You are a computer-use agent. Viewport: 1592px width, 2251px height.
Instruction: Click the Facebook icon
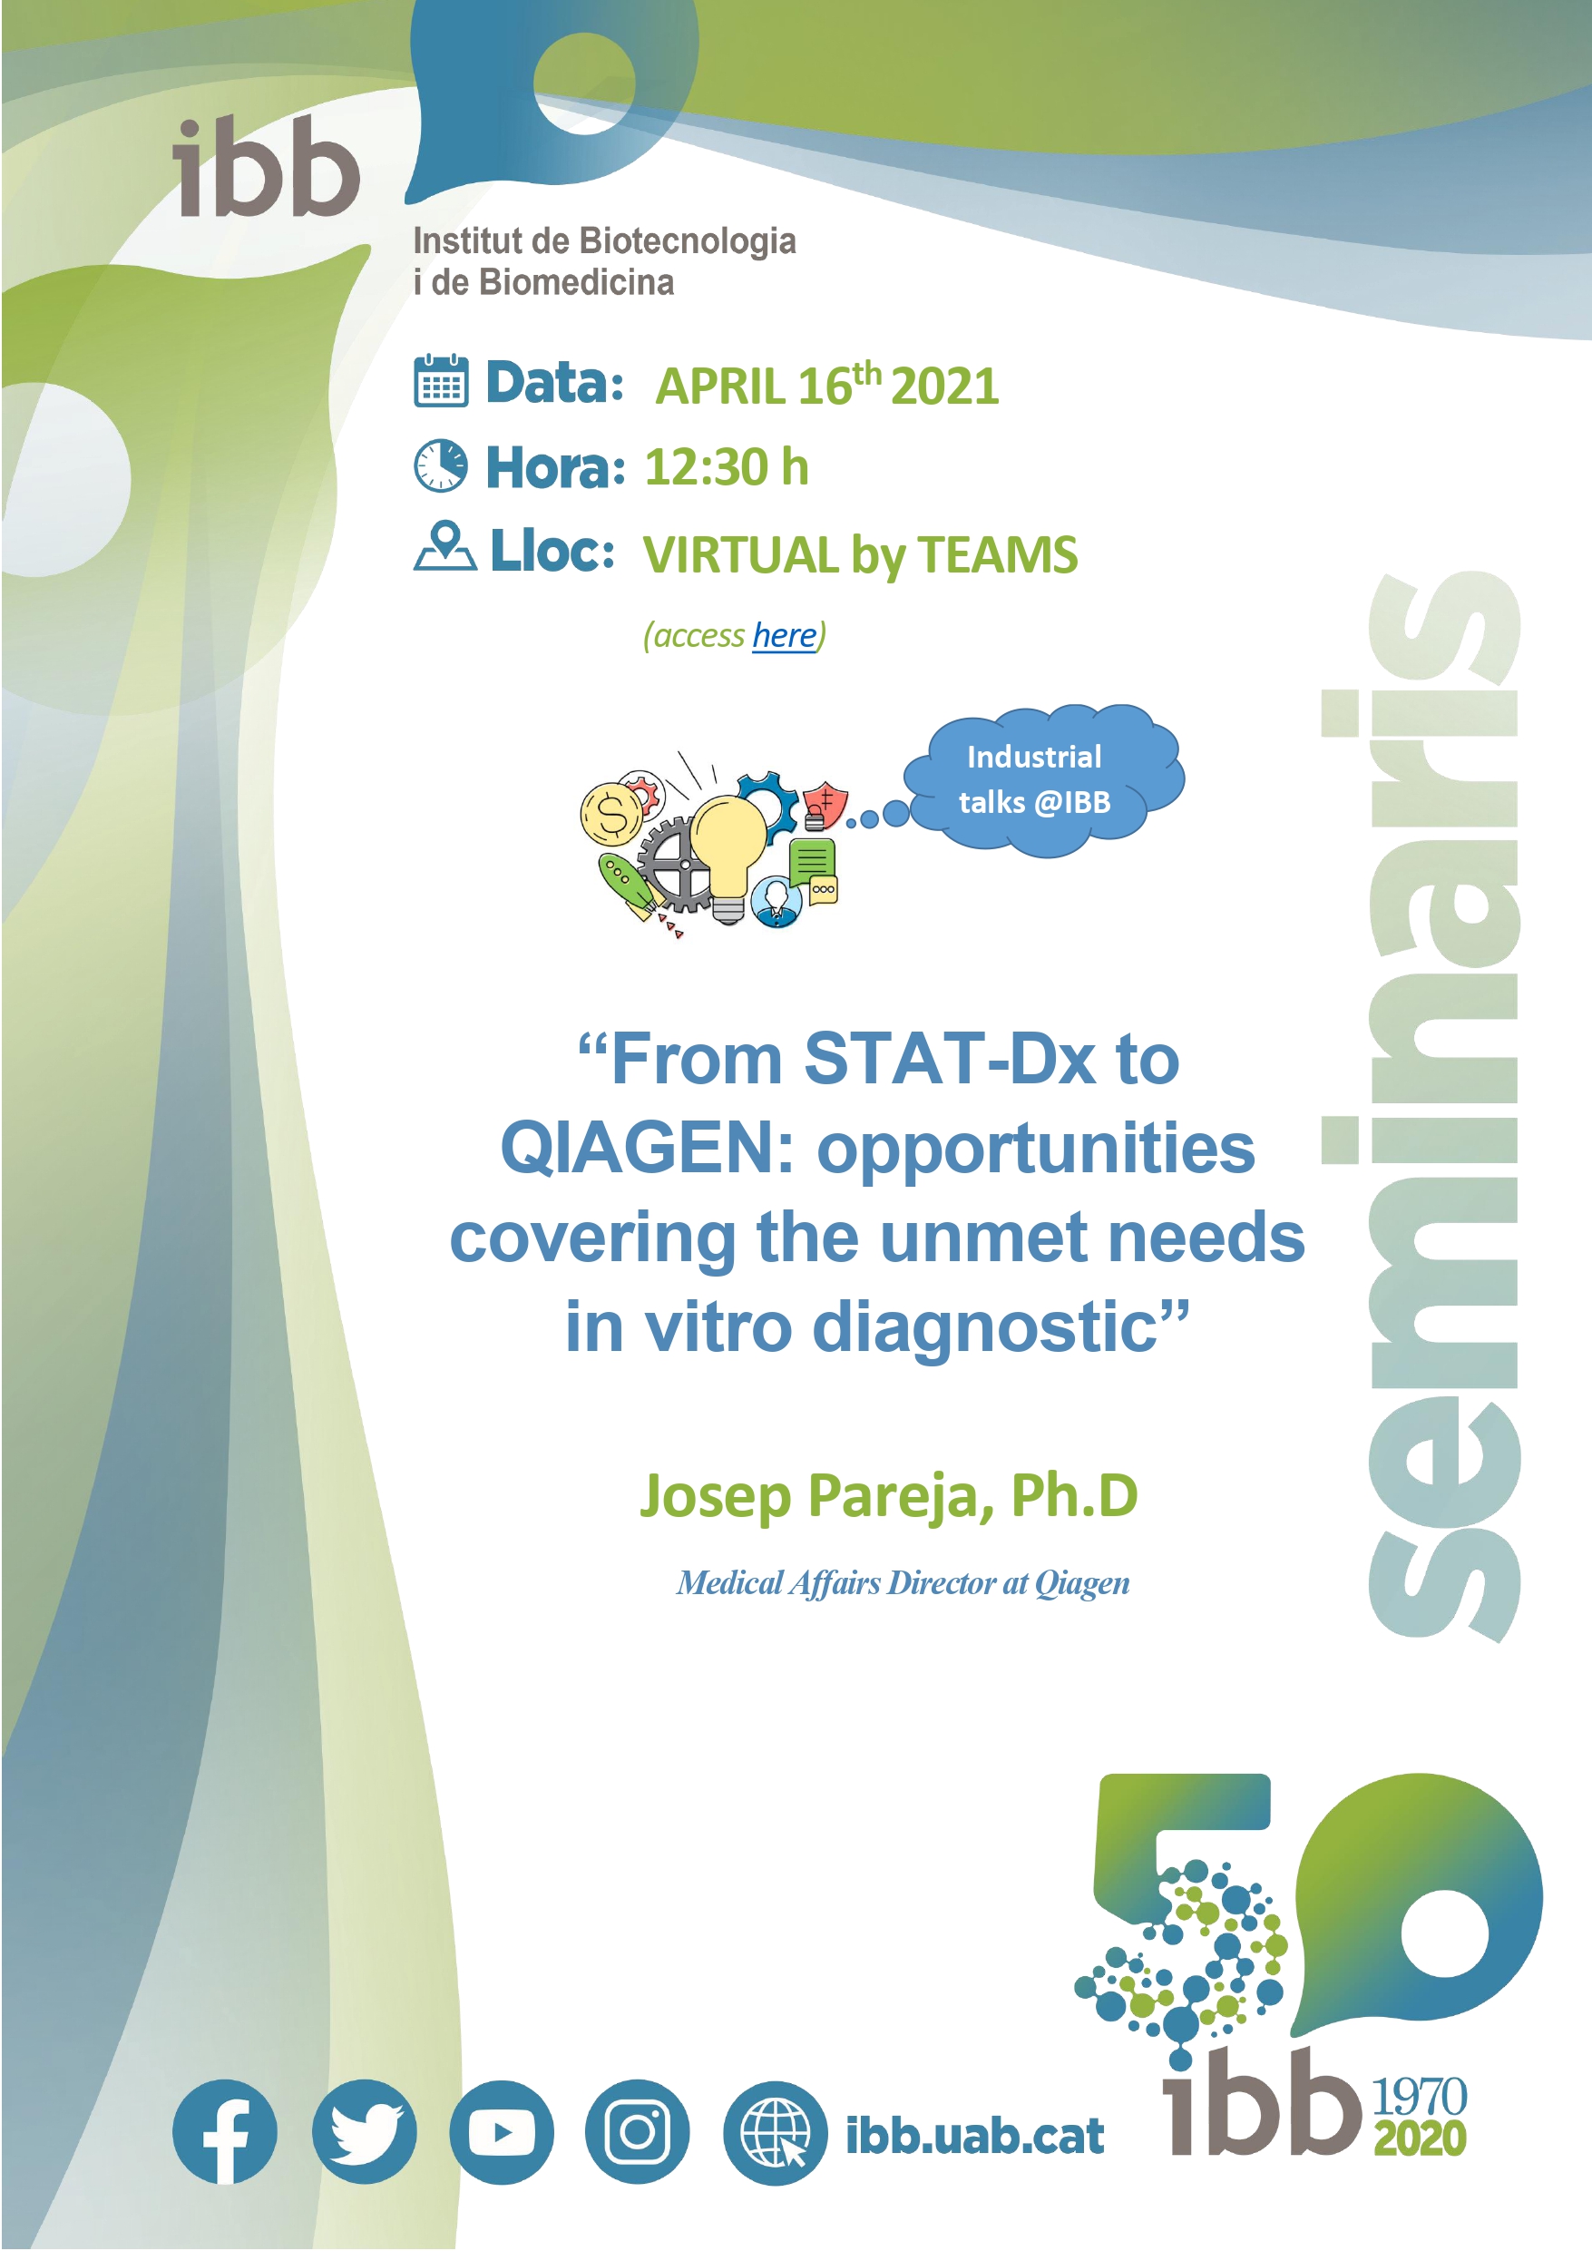point(224,2131)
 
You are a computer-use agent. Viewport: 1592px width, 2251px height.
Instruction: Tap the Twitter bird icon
point(365,2131)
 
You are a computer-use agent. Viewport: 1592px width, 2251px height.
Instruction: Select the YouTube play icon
point(502,2131)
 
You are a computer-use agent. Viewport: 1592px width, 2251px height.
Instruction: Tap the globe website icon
point(776,2132)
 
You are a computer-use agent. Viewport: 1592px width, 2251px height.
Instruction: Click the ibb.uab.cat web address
point(974,2135)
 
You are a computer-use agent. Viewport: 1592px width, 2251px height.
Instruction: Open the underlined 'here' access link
point(785,635)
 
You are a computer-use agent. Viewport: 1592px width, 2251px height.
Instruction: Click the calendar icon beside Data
point(441,380)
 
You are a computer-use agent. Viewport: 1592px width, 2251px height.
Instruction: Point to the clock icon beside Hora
point(441,465)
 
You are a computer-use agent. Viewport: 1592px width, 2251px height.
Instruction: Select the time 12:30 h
point(727,466)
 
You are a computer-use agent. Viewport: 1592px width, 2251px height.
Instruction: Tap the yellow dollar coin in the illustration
point(611,814)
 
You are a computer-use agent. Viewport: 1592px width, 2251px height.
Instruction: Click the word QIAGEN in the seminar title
point(635,1148)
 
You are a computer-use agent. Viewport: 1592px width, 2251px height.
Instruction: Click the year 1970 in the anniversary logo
point(1419,2097)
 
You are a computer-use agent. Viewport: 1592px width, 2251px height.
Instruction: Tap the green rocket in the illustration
point(628,885)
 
